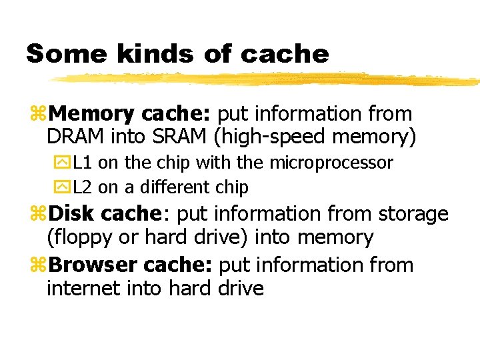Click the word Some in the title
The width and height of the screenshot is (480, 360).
click(x=59, y=54)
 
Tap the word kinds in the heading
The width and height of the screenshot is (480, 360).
click(x=141, y=54)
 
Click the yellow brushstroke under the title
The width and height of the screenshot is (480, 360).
click(x=267, y=79)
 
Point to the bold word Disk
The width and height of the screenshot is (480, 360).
click(x=73, y=214)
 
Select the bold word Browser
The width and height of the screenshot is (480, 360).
click(x=93, y=265)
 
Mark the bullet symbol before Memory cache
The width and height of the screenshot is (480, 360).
click(x=39, y=115)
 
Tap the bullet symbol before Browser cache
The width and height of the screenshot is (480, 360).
click(x=39, y=265)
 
